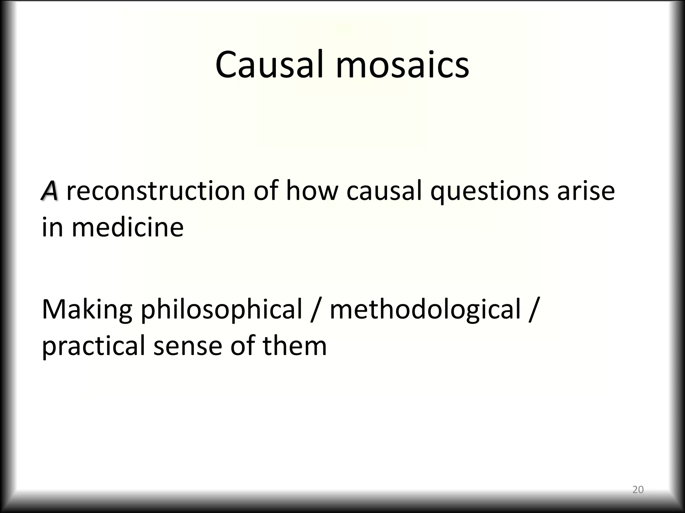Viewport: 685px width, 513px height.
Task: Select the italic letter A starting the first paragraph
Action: (x=50, y=191)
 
